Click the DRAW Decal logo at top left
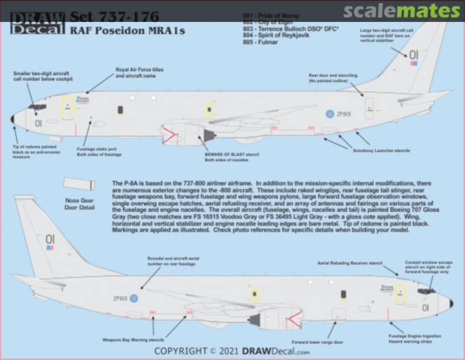37,22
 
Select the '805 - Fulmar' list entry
260,42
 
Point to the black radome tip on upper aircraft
12,119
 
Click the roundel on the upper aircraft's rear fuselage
330,114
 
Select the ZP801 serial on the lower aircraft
120,298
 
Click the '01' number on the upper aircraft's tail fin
413,55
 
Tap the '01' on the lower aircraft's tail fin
50,239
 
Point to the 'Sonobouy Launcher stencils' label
381,151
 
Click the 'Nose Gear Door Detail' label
79,204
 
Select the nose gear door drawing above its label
79,184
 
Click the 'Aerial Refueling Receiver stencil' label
350,263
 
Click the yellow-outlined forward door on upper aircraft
68,108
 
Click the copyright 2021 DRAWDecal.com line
232,351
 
